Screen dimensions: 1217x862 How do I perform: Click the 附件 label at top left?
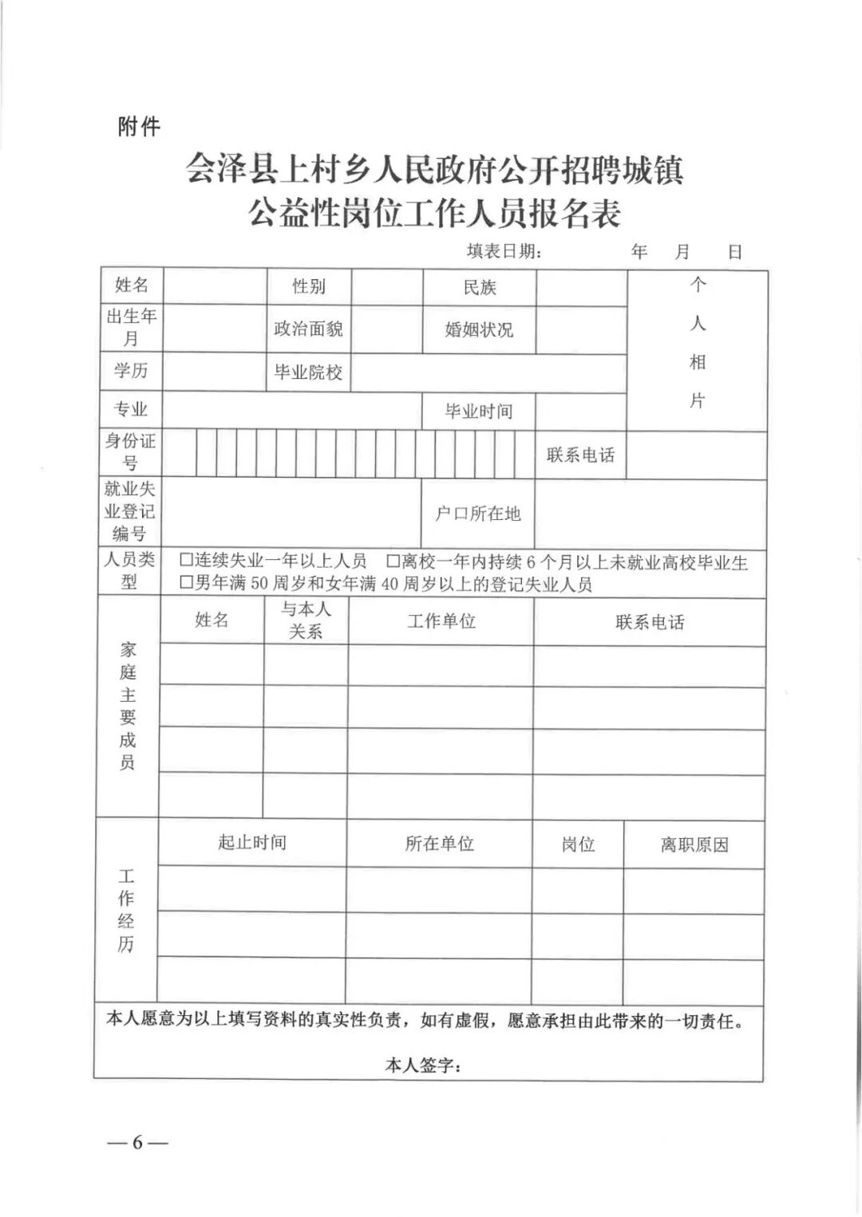click(139, 126)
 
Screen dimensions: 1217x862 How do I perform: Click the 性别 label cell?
click(309, 286)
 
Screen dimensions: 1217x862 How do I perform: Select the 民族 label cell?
click(480, 287)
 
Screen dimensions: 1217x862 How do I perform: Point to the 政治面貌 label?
click(308, 329)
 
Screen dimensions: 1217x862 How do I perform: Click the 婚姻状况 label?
click(479, 329)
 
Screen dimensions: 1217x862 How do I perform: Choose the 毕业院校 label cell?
click(308, 372)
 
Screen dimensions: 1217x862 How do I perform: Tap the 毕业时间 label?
click(478, 412)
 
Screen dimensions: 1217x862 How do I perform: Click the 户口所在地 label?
click(477, 514)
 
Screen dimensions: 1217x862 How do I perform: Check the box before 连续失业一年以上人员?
click(187, 561)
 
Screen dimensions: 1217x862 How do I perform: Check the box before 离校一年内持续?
click(393, 562)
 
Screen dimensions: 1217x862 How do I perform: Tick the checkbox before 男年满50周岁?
click(187, 584)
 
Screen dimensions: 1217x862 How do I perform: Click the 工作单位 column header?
click(441, 621)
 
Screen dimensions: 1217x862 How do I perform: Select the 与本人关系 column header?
click(306, 620)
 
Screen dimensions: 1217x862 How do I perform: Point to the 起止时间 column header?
click(252, 843)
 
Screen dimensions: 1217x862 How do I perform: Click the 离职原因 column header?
click(694, 845)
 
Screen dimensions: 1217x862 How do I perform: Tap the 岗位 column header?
click(578, 845)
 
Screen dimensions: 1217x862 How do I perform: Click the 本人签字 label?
click(423, 1065)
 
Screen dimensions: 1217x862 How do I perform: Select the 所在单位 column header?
click(439, 844)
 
